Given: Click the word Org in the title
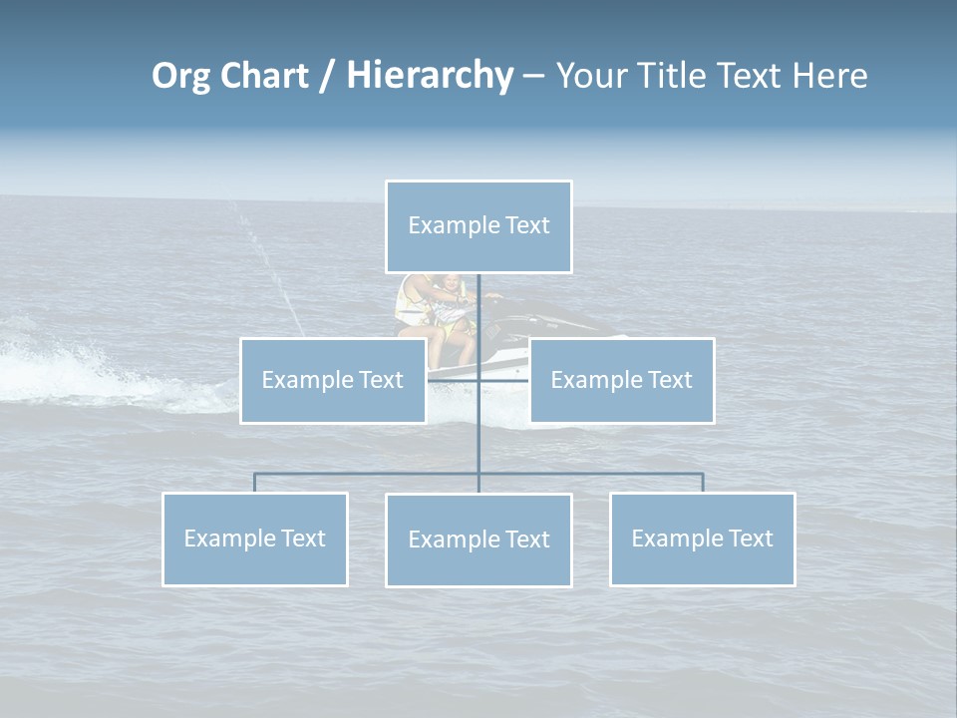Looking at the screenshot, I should pos(180,76).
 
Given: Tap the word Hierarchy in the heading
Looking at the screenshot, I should pos(429,76).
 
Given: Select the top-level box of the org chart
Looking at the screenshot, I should pos(478,226).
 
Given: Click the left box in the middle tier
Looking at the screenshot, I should pos(333,380).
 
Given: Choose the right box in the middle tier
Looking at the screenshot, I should pos(622,380).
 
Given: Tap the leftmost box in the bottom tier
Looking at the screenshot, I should pos(255,538).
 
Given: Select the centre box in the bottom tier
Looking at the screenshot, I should pos(478,539).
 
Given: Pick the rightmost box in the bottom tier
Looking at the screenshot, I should pos(703,538).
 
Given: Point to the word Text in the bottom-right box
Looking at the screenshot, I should pos(750,538).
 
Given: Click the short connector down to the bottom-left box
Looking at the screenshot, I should pos(255,483).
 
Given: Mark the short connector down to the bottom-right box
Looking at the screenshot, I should pos(703,483).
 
